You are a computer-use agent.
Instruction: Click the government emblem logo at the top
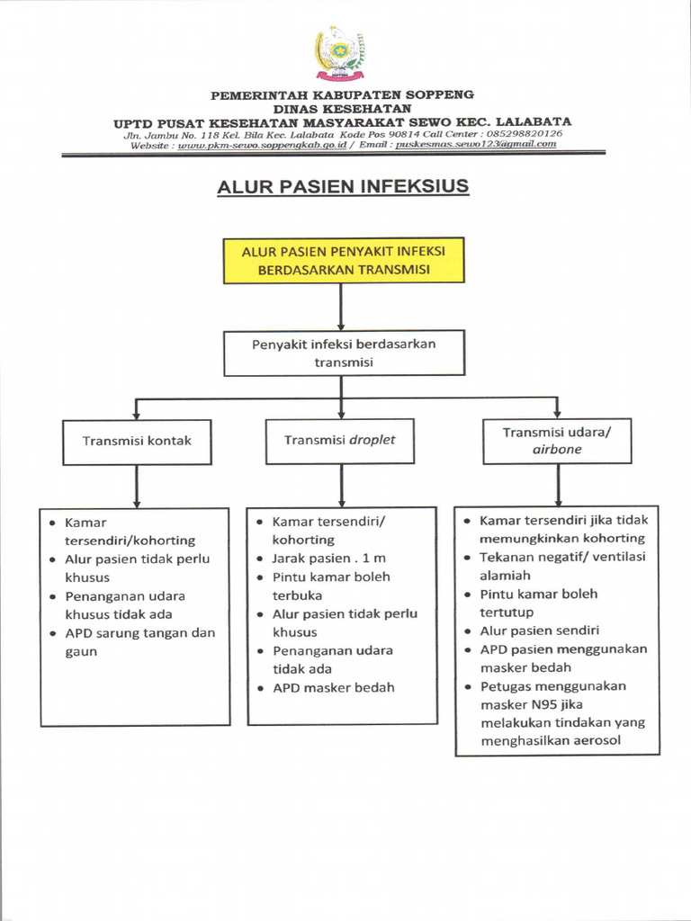tap(339, 51)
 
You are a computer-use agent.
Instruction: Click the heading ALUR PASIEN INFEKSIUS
tap(343, 187)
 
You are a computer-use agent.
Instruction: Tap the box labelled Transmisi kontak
tap(137, 441)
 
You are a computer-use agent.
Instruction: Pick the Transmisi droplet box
tap(340, 441)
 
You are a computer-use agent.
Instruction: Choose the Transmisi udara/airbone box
tap(557, 441)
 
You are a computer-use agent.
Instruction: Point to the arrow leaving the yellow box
tap(341, 307)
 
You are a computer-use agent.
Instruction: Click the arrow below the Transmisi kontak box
tap(137, 486)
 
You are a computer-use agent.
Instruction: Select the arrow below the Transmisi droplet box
tap(341, 486)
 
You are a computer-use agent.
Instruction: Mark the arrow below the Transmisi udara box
tap(558, 486)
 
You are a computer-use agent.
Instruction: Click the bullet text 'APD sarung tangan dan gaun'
tap(139, 642)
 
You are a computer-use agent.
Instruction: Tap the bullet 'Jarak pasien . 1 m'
tap(328, 559)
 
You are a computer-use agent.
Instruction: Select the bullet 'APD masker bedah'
tap(333, 688)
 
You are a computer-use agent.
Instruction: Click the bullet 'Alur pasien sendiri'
tap(539, 631)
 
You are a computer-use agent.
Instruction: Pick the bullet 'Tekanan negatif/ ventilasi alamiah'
tap(561, 566)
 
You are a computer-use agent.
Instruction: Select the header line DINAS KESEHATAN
tap(342, 108)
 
